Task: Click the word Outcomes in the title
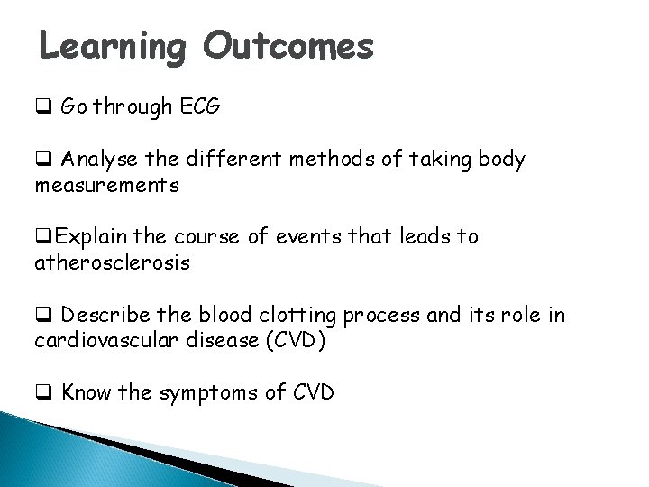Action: click(x=287, y=45)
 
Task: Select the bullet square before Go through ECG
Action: click(x=41, y=109)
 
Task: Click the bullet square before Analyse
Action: click(x=41, y=161)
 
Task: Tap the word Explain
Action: click(x=84, y=237)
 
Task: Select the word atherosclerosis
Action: click(x=112, y=263)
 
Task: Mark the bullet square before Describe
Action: click(x=41, y=316)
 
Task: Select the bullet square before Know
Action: click(x=41, y=393)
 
